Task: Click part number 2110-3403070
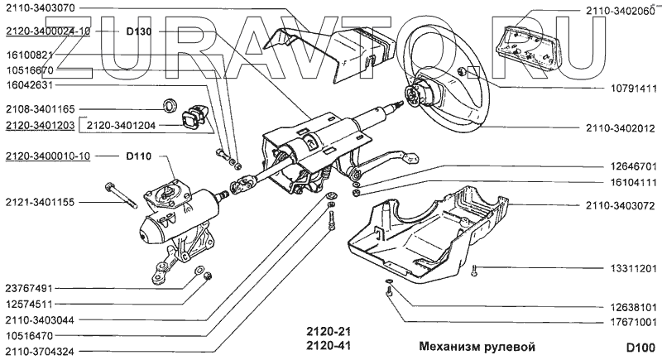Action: (39, 8)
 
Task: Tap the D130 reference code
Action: (140, 31)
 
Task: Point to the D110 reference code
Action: (139, 156)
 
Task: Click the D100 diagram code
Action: (640, 346)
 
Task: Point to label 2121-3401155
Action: (39, 202)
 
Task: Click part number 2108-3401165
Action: (39, 108)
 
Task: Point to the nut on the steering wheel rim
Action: (460, 73)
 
